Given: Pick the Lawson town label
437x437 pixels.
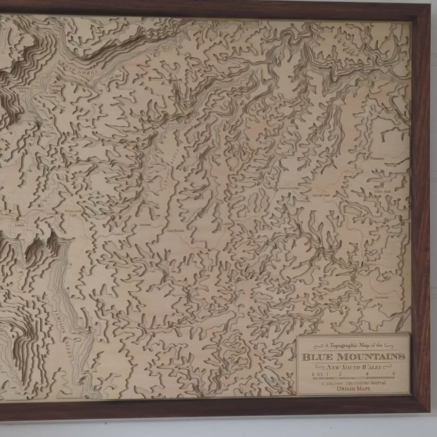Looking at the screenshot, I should tap(145, 225).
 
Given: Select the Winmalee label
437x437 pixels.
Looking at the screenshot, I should tap(376, 158).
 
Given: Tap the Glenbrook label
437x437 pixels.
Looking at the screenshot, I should tap(382, 297).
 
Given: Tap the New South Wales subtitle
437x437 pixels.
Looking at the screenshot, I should tap(353, 367).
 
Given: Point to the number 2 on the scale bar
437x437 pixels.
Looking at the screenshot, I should tap(340, 374).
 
